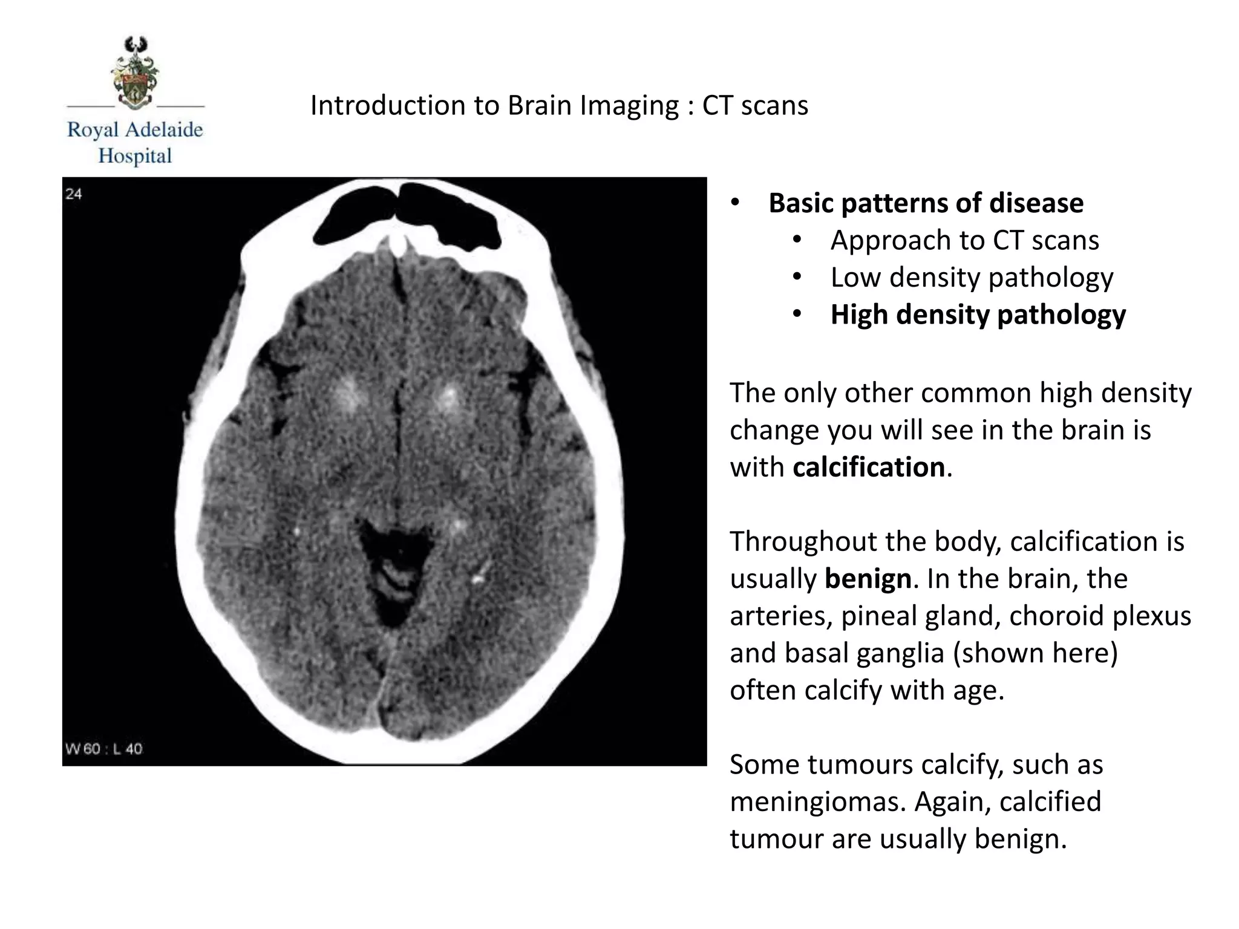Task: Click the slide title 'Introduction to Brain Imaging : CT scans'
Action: coord(559,106)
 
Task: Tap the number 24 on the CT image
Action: coord(74,194)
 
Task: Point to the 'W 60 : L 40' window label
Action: coord(104,749)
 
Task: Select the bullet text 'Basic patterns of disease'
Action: coord(926,203)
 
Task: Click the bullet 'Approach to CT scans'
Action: coord(964,241)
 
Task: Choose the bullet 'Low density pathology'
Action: coord(972,278)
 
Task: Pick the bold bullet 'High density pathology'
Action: coord(978,315)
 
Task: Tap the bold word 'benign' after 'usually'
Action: coord(868,579)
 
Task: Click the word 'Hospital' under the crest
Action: coord(136,156)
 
